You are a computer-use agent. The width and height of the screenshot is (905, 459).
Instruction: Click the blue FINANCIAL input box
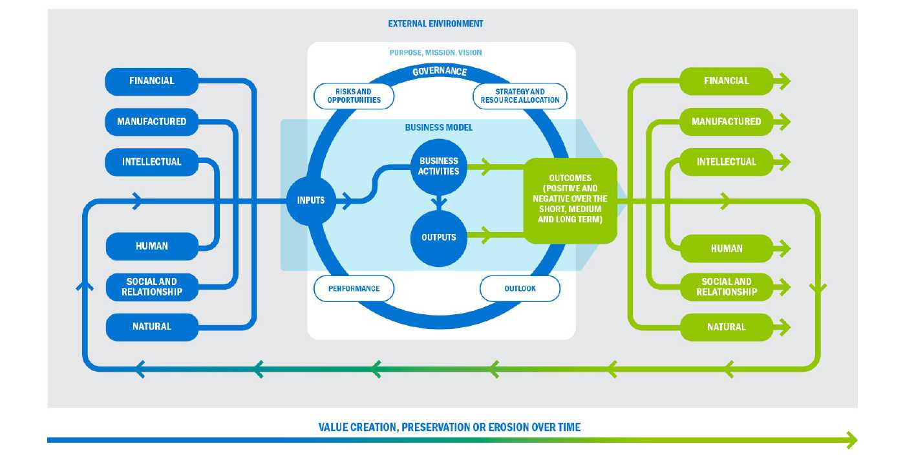pos(152,81)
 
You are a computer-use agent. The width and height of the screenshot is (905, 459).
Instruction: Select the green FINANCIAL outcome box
pos(726,81)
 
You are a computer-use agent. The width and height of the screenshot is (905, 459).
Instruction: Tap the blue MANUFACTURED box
pos(152,122)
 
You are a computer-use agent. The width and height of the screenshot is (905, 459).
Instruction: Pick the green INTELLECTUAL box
pos(726,162)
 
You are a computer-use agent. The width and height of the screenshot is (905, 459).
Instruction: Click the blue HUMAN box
pos(152,246)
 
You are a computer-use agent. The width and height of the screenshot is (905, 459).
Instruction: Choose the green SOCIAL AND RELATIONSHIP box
pos(726,286)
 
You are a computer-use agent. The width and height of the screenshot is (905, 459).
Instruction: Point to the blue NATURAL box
pos(152,326)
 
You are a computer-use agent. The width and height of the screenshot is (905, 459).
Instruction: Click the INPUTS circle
pos(311,200)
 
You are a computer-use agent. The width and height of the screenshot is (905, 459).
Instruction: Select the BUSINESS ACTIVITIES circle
pos(439,167)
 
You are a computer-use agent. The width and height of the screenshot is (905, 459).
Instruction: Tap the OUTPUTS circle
pos(439,237)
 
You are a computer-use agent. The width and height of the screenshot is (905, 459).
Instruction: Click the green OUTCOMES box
pos(570,200)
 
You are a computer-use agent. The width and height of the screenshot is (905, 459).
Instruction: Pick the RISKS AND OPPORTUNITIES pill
pos(354,96)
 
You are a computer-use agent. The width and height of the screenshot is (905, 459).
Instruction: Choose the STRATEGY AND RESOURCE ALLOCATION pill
pos(521,96)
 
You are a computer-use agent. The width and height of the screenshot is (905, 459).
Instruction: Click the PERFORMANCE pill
pos(354,288)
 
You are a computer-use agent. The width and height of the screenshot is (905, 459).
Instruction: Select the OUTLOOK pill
pos(520,288)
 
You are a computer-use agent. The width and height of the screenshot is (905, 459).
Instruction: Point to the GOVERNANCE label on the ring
pos(440,71)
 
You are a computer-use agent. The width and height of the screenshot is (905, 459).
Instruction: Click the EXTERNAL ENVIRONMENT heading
pos(436,24)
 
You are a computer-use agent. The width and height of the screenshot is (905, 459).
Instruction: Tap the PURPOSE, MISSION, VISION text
pos(436,52)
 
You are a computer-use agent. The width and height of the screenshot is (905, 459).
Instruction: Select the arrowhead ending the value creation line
pos(853,440)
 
